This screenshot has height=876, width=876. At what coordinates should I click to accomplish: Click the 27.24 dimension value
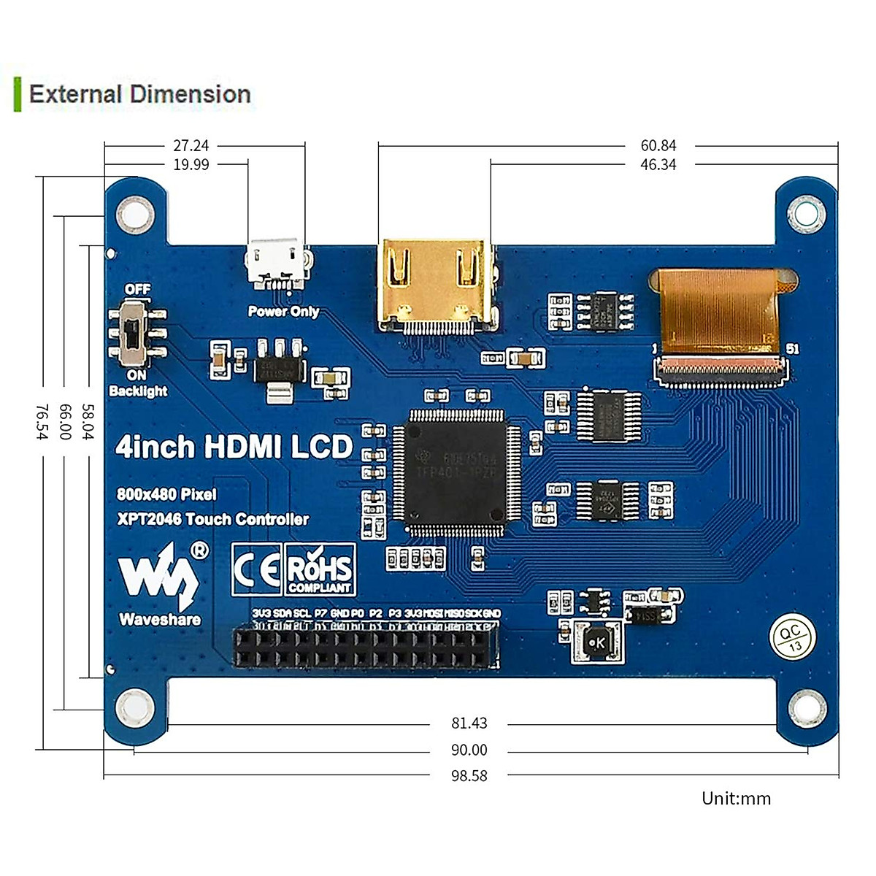pyautogui.click(x=191, y=145)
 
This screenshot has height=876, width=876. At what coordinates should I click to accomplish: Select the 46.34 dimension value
pyautogui.click(x=658, y=164)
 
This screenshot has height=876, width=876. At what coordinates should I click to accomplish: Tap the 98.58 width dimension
pyautogui.click(x=469, y=775)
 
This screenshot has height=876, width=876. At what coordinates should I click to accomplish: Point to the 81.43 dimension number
pyautogui.click(x=469, y=723)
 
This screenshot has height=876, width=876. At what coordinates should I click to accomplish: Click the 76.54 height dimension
pyautogui.click(x=42, y=422)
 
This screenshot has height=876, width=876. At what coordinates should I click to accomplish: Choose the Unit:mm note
pyautogui.click(x=736, y=798)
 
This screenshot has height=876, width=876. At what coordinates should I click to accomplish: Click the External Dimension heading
pyautogui.click(x=139, y=94)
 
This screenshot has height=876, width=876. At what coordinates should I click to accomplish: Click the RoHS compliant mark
pyautogui.click(x=320, y=569)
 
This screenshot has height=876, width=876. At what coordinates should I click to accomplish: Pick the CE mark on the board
pyautogui.click(x=256, y=569)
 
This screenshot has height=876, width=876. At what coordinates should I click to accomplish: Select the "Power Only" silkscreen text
pyautogui.click(x=283, y=311)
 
